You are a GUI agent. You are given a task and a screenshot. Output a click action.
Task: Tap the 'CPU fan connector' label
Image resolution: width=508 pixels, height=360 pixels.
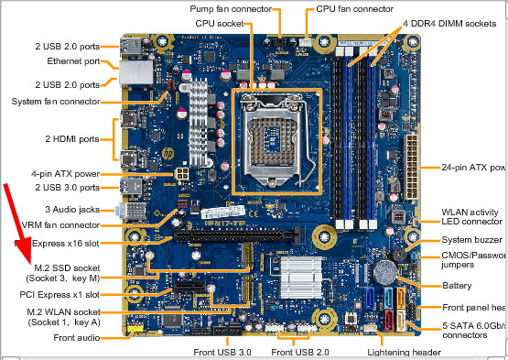point(356,8)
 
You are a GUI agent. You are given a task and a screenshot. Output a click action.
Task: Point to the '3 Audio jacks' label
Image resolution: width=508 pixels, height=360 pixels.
point(91,210)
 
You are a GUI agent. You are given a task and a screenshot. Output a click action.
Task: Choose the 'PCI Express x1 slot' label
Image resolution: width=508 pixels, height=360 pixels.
point(73,295)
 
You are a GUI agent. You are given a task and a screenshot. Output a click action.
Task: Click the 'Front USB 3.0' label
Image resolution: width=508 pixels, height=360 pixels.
point(222,351)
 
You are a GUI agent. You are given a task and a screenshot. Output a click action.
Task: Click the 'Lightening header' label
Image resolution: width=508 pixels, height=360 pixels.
point(403,351)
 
